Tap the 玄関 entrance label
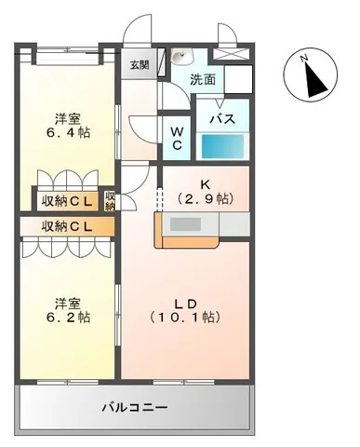pyautogui.click(x=139, y=64)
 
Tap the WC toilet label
pyautogui.click(x=176, y=139)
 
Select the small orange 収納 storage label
pyautogui.click(x=110, y=200)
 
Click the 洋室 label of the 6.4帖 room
pyautogui.click(x=66, y=118)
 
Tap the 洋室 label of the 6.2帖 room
pyautogui.click(x=66, y=302)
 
